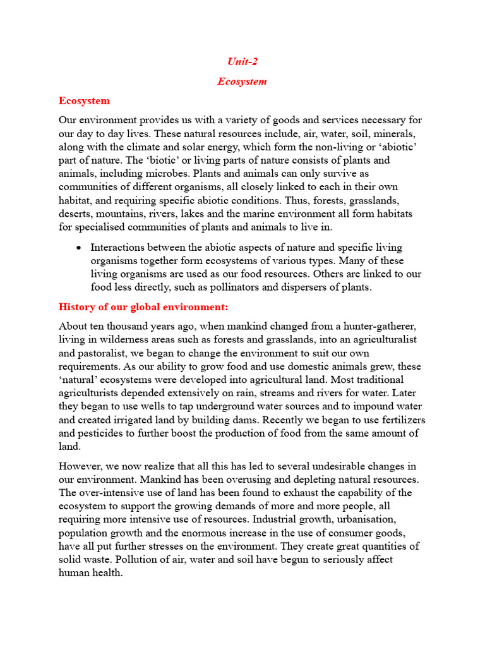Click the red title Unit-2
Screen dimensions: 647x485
pyautogui.click(x=242, y=61)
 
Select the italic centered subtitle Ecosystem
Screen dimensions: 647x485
pyautogui.click(x=242, y=81)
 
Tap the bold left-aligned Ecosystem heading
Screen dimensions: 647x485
pyautogui.click(x=84, y=100)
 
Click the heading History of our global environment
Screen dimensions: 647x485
pyautogui.click(x=143, y=306)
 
